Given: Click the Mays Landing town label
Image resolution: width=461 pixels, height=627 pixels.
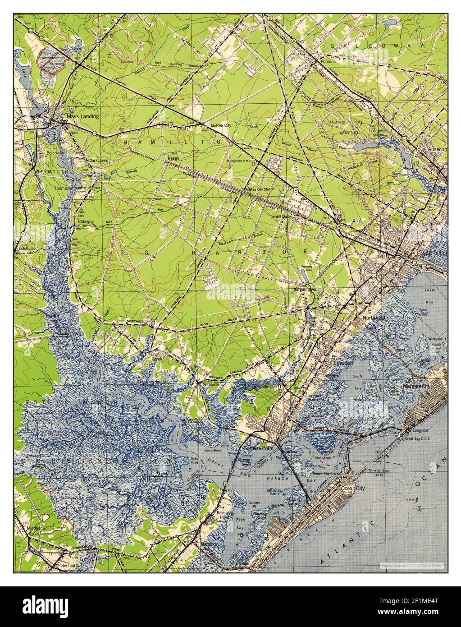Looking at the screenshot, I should pos(82,116).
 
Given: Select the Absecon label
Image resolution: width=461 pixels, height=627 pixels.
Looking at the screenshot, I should pos(437,149).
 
